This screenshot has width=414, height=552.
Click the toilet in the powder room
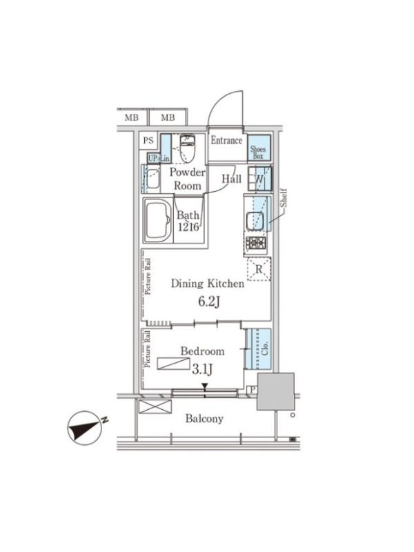click(187, 148)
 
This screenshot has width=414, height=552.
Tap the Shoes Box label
click(258, 152)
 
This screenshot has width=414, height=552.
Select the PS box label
click(148, 141)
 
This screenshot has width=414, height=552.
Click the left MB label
click(132, 117)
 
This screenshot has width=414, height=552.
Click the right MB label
click(168, 117)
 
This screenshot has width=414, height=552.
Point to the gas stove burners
click(256, 243)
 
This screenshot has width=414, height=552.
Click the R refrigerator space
click(259, 269)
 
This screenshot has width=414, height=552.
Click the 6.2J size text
click(209, 302)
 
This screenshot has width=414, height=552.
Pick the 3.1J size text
click(202, 369)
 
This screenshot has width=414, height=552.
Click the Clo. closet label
click(265, 348)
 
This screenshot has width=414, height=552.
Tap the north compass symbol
click(87, 427)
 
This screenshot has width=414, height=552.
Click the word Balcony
click(204, 419)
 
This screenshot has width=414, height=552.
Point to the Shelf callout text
click(284, 198)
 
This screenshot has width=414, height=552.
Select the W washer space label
click(259, 179)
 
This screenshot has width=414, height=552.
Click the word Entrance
click(226, 141)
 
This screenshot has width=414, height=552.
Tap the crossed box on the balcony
click(155, 406)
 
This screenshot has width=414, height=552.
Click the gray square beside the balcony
click(275, 391)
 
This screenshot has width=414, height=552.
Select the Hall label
click(231, 179)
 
